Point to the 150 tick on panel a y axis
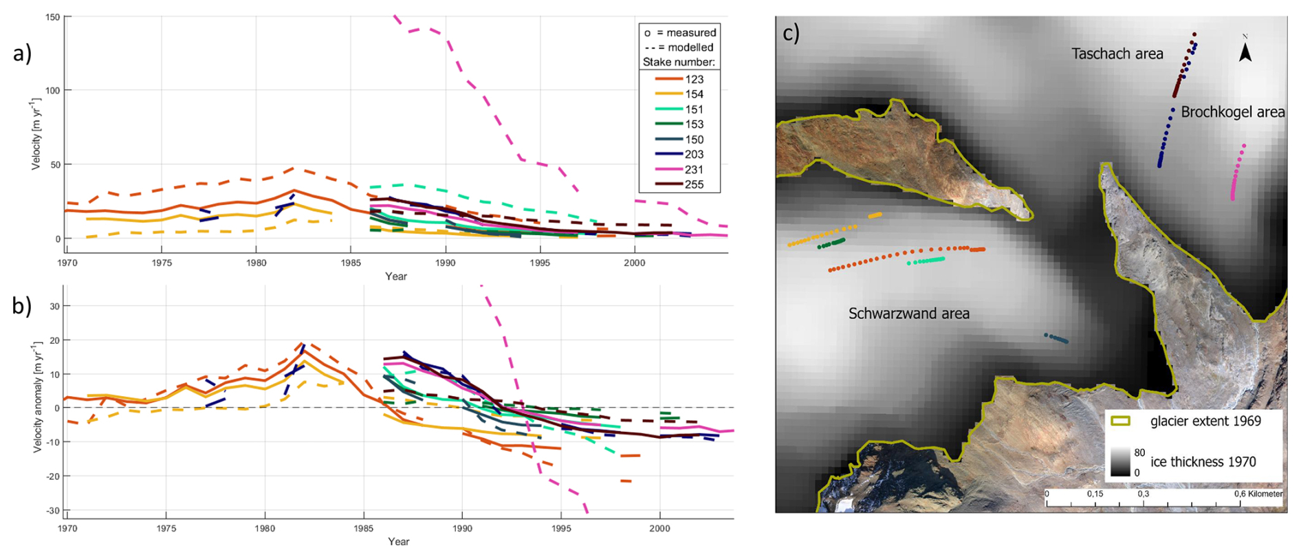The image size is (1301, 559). [52, 17]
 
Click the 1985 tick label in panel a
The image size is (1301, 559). [351, 263]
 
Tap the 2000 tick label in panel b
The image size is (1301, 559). [659, 528]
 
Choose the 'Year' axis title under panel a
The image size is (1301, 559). [396, 276]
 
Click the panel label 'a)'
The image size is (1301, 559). [22, 54]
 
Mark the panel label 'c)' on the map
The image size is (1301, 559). [791, 33]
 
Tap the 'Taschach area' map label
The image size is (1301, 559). [1117, 54]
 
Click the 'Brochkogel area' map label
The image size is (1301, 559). [1232, 112]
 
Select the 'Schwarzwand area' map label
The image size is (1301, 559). [908, 314]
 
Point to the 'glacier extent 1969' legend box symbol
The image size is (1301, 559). [1121, 421]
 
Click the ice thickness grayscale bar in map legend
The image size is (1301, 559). [1120, 461]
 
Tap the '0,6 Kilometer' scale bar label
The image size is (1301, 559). [1258, 494]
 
